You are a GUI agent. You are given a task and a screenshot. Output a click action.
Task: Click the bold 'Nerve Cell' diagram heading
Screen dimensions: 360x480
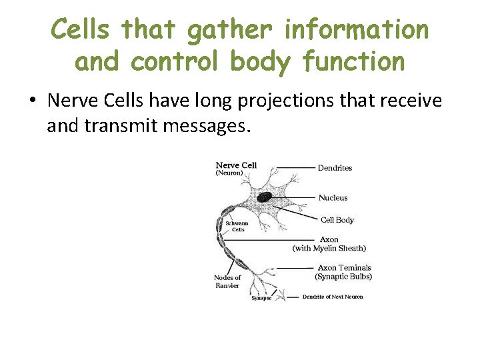pos(236,165)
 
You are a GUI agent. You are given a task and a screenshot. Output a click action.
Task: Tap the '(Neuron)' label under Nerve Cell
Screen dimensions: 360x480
pos(229,173)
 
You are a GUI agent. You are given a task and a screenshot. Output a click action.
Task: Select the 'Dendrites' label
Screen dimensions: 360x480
pos(335,168)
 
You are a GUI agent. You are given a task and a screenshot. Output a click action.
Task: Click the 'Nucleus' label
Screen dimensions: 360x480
pos(333,198)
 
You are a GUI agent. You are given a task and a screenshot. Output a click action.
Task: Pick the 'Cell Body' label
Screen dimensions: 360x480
pos(337,220)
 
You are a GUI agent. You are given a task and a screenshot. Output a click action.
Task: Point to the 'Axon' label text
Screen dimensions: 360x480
pos(329,239)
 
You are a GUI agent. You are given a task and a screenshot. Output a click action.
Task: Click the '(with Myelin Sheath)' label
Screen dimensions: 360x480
pos(329,248)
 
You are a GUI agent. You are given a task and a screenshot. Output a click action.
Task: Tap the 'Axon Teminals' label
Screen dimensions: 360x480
pos(344,267)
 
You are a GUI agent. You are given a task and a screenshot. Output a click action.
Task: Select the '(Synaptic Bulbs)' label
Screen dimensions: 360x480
pos(343,276)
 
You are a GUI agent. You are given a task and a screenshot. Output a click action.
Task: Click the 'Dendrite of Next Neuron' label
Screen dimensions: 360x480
pos(333,297)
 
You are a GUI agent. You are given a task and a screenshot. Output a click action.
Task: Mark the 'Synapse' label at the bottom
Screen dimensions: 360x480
pos(261,298)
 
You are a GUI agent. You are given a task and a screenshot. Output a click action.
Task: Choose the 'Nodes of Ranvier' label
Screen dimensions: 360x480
pos(227,281)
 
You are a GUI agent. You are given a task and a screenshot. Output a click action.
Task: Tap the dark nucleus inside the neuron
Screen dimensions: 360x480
pos(265,197)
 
